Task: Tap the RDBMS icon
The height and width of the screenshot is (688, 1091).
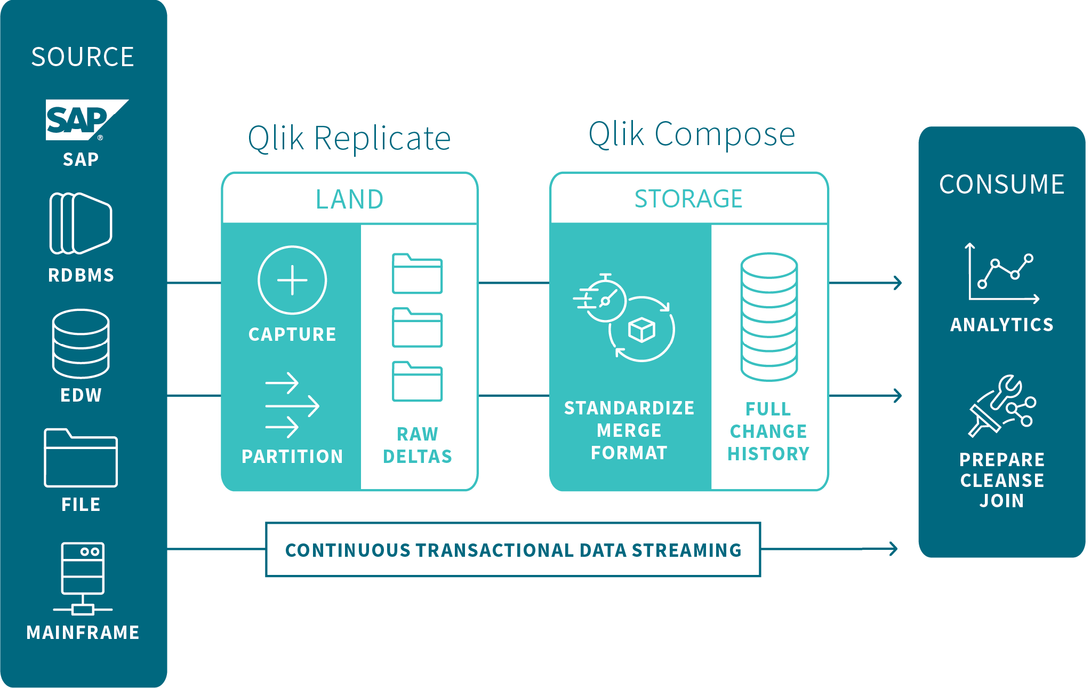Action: click(81, 223)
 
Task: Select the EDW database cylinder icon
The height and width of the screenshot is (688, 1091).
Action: click(81, 343)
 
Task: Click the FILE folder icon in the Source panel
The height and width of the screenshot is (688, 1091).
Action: click(81, 458)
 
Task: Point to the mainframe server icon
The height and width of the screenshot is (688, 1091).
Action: click(83, 578)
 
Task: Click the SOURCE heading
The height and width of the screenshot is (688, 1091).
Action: click(83, 57)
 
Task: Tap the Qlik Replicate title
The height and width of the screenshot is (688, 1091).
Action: click(349, 139)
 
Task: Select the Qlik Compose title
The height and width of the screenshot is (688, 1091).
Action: click(692, 134)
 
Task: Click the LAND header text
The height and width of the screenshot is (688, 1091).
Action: click(349, 199)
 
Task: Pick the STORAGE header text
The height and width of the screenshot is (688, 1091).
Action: click(688, 199)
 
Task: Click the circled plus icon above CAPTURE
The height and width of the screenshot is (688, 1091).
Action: click(292, 280)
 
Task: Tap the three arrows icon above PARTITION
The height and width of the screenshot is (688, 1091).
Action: click(292, 405)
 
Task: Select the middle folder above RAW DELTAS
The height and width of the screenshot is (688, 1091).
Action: click(417, 327)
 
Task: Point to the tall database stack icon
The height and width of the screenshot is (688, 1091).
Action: click(769, 317)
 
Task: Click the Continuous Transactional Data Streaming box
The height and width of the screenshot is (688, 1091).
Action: click(513, 549)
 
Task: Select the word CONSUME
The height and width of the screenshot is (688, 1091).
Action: click(1001, 185)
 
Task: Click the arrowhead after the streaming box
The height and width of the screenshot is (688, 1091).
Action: click(893, 548)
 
